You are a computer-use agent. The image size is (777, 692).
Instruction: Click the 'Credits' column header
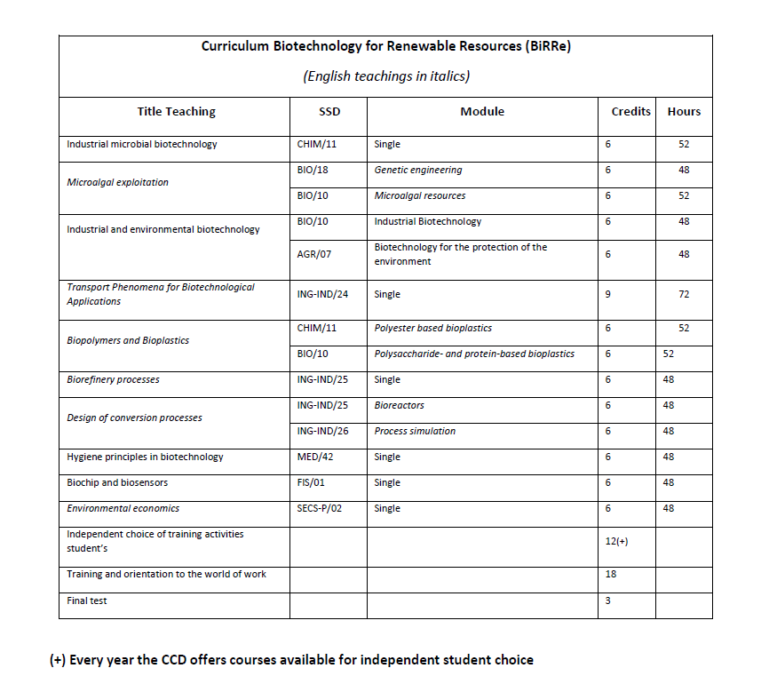630,112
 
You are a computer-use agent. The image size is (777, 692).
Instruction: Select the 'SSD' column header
329,112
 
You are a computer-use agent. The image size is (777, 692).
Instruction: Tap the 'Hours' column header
684,112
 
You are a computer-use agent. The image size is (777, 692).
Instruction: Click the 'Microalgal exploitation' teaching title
117,183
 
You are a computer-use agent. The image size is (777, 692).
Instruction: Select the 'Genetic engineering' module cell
418,170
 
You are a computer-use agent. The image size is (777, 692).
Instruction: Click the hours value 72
684,295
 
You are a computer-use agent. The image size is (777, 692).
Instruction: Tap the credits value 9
607,295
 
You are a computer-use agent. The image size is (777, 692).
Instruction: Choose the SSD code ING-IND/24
323,295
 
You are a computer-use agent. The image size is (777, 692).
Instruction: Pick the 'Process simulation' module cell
415,432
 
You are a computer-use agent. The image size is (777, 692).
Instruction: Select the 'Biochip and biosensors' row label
117,483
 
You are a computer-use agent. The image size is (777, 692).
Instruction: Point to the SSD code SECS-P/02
323,509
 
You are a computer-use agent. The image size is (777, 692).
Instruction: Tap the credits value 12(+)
616,542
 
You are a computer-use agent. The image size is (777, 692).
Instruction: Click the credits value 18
610,575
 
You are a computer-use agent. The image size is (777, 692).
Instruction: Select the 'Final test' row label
87,601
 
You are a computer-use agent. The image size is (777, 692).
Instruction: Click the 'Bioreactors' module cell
400,406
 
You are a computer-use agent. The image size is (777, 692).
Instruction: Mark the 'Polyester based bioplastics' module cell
433,329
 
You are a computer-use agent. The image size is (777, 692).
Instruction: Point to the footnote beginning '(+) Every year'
291,660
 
